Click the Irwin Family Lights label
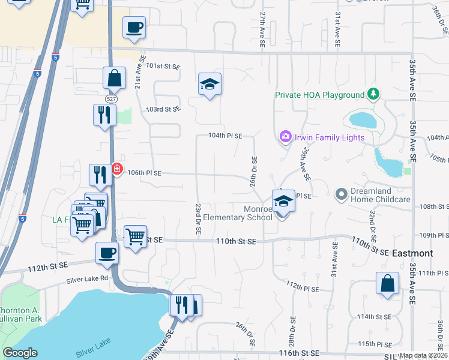[329, 137]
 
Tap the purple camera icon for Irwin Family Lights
[285, 137]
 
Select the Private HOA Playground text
[320, 95]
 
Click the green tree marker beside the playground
[374, 94]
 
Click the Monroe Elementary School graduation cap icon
[283, 202]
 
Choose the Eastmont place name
[412, 253]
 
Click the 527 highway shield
[110, 98]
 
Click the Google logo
[20, 352]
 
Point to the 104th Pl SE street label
[225, 136]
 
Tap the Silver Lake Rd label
[87, 279]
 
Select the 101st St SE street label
[163, 67]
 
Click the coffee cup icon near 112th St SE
[107, 253]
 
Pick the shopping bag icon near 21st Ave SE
[113, 78]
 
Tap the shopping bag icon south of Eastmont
[388, 284]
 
